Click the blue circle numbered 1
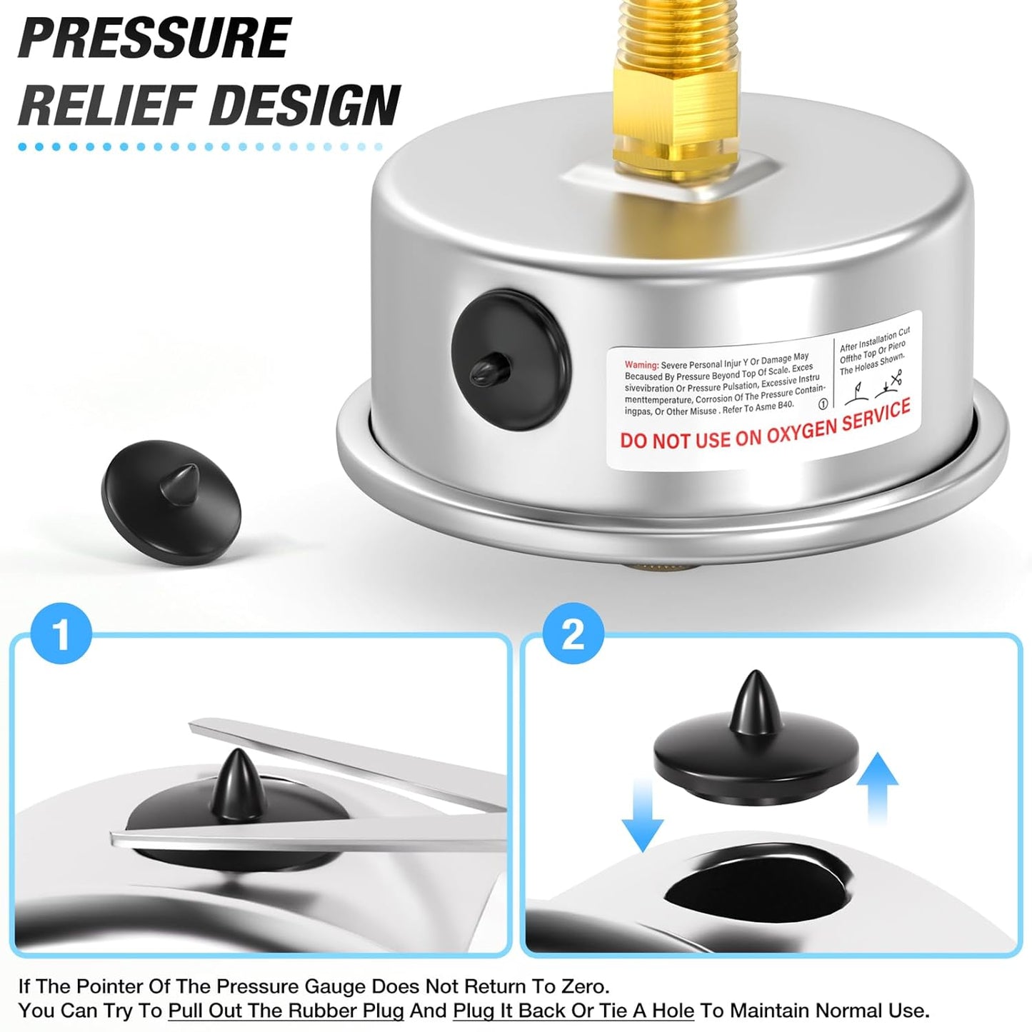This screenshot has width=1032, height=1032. tap(61, 634)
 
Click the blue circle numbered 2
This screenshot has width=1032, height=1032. tap(573, 634)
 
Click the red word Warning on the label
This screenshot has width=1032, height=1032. tap(641, 365)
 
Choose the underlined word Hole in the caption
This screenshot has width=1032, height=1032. tap(672, 1011)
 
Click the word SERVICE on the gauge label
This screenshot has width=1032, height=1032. tap(876, 415)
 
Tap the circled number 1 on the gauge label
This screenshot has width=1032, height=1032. tap(823, 404)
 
